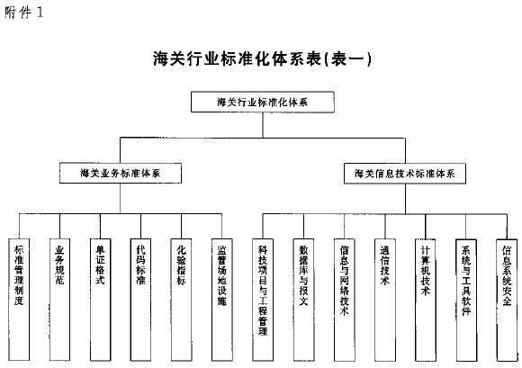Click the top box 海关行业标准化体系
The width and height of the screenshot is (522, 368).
263,102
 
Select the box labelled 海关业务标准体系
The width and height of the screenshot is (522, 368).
121,173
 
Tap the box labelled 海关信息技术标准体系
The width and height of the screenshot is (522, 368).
405,174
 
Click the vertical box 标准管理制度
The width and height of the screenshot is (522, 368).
19,300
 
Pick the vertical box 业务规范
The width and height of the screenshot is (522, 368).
59,300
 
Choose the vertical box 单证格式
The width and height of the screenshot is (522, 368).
100,300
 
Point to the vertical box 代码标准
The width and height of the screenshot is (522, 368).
140,300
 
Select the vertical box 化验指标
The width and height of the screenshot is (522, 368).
182,300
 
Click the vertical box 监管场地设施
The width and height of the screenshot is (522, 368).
222,300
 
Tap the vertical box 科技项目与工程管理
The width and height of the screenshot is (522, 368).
263,300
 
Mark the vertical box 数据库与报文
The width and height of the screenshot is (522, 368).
303,300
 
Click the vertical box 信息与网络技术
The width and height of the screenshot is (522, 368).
344,300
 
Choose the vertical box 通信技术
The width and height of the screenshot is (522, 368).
385,300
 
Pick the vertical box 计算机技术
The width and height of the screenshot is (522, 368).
426,300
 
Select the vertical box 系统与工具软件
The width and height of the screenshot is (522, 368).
466,300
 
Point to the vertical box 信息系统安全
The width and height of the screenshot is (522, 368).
507,300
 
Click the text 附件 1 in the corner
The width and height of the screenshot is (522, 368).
24,13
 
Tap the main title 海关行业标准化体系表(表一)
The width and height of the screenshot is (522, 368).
262,58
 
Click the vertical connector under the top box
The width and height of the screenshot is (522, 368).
263,125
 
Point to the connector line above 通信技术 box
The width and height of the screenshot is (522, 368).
385,226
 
